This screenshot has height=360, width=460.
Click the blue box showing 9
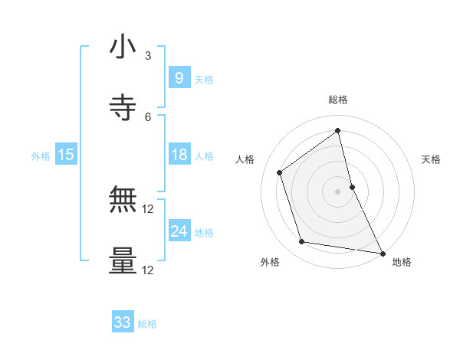pyautogui.click(x=179, y=77)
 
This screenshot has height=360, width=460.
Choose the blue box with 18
pyautogui.click(x=179, y=155)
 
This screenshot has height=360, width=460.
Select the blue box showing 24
pyautogui.click(x=179, y=231)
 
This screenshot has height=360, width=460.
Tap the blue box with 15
pyautogui.click(x=65, y=155)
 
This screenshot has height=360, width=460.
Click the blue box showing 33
pyautogui.click(x=123, y=322)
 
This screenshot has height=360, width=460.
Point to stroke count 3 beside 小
pyautogui.click(x=148, y=55)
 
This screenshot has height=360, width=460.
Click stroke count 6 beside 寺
pyautogui.click(x=148, y=117)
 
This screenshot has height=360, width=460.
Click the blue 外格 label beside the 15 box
pyautogui.click(x=41, y=155)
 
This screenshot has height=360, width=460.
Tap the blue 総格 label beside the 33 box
pyautogui.click(x=147, y=324)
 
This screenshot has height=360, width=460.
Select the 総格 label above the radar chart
pyautogui.click(x=338, y=100)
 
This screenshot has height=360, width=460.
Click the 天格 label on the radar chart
pyautogui.click(x=431, y=159)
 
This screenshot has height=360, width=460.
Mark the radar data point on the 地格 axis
pyautogui.click(x=382, y=253)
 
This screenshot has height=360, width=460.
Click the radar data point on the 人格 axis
pyautogui.click(x=280, y=172)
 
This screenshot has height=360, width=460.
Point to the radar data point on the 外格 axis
pyautogui.click(x=302, y=242)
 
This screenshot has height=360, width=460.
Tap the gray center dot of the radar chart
pyautogui.click(x=338, y=191)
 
